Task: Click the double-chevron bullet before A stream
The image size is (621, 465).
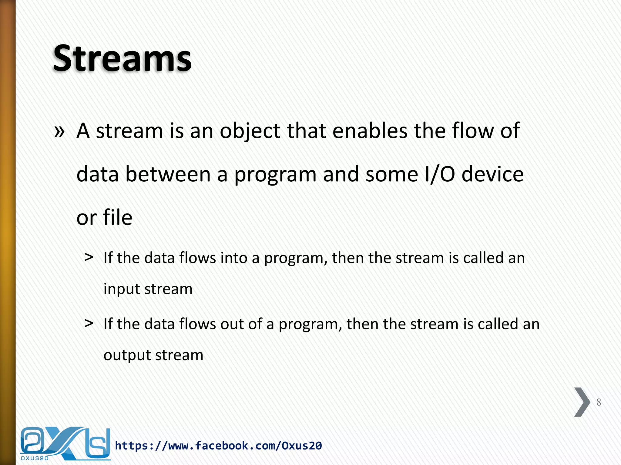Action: (59, 131)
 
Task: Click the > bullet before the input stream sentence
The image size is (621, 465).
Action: (89, 258)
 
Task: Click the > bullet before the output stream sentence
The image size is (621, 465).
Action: (89, 324)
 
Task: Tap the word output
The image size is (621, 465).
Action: (127, 355)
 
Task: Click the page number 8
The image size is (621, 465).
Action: (599, 402)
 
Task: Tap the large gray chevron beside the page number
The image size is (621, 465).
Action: (582, 402)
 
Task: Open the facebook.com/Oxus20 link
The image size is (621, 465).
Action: (218, 446)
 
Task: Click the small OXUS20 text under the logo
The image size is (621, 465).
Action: (35, 458)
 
